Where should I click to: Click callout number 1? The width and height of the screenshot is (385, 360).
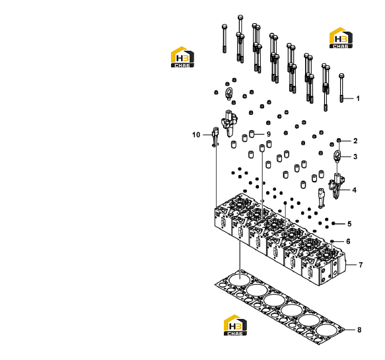click(x=358, y=98)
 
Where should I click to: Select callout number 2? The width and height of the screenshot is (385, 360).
click(x=355, y=141)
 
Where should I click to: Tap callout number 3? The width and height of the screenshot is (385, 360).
click(x=355, y=157)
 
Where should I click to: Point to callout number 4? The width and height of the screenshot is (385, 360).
click(x=355, y=190)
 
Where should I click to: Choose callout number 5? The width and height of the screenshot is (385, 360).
click(x=349, y=224)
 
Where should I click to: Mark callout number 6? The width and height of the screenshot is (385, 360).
click(x=348, y=241)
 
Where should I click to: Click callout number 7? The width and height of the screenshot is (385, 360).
click(x=361, y=265)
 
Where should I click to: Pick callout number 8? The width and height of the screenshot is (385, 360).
click(x=359, y=330)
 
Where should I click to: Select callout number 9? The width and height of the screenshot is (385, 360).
click(x=269, y=134)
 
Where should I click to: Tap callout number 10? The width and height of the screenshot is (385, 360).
click(x=196, y=135)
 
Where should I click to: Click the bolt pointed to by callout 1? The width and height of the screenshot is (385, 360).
click(x=341, y=88)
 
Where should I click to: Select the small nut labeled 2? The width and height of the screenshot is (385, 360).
click(x=339, y=140)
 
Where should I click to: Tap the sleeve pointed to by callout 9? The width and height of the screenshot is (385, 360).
click(x=252, y=134)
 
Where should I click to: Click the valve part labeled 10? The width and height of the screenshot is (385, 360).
click(x=215, y=137)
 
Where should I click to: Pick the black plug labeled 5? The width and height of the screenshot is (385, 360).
click(x=333, y=223)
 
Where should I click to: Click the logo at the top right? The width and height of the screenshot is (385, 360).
click(x=341, y=38)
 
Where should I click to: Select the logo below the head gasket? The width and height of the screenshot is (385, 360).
click(x=235, y=325)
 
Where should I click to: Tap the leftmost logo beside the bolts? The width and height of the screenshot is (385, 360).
click(x=182, y=57)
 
